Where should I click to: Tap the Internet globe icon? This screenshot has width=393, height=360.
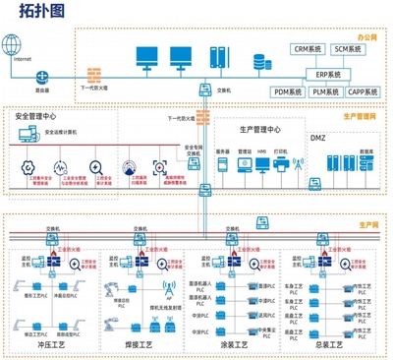click(13, 44)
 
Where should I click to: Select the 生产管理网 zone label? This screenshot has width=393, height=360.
click(361, 116)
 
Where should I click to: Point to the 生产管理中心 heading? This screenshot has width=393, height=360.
click(259, 129)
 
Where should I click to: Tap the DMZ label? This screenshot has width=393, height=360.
click(317, 137)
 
